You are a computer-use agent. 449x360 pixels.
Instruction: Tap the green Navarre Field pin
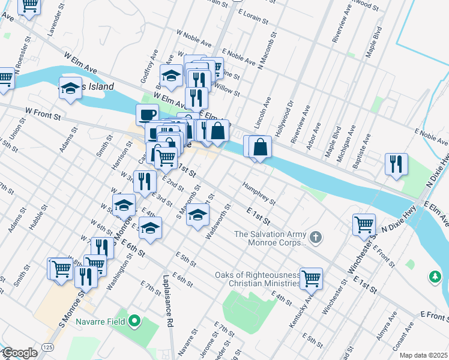(134, 322)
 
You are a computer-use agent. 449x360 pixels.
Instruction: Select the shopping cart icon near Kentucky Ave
(311, 278)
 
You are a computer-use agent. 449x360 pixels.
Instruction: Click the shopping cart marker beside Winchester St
(364, 225)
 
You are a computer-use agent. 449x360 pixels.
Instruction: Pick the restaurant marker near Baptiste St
(396, 164)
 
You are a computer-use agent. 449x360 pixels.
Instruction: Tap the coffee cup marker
(146, 114)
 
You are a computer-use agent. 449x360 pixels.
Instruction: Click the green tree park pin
(435, 277)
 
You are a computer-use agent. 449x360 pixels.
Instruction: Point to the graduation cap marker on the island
(70, 88)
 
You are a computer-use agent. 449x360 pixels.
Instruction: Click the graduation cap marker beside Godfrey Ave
(171, 76)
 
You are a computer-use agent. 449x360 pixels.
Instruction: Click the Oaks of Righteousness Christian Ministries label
(258, 279)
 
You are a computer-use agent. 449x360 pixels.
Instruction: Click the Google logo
(19, 353)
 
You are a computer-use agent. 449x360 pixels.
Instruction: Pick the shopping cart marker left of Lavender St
(28, 6)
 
